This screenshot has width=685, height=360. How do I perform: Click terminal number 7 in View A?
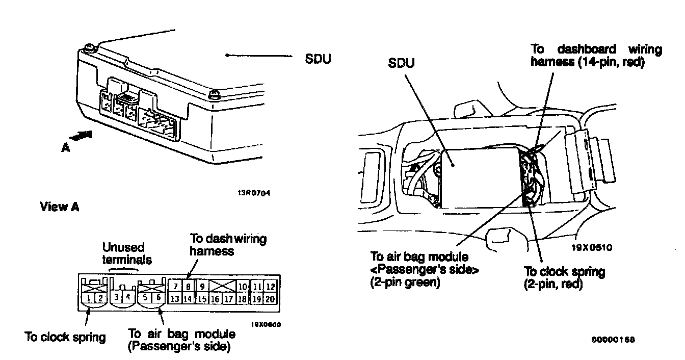(x=174, y=287)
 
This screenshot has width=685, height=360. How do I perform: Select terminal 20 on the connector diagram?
(x=271, y=299)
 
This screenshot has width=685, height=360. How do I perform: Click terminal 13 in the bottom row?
(x=174, y=299)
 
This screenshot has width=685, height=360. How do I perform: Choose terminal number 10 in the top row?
(x=243, y=287)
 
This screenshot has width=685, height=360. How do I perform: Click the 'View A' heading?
(x=60, y=207)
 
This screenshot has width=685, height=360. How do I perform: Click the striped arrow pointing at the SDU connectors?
(x=82, y=136)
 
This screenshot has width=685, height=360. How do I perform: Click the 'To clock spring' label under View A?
(x=65, y=337)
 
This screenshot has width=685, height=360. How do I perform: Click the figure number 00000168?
(x=614, y=339)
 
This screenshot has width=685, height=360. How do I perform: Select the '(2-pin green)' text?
(x=405, y=281)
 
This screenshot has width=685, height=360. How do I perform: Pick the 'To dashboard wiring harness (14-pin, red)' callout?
(x=596, y=56)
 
